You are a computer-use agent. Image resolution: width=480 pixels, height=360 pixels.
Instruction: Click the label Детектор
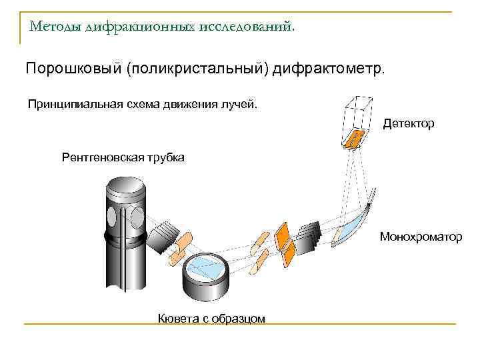[408, 124]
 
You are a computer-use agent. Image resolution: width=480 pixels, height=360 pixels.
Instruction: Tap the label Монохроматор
[420, 237]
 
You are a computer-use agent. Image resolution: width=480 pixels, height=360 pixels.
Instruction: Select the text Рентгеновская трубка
[123, 158]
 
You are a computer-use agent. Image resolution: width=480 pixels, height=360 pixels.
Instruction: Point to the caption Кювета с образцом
[211, 318]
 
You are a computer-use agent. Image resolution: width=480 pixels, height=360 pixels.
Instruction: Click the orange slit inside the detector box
[354, 137]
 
